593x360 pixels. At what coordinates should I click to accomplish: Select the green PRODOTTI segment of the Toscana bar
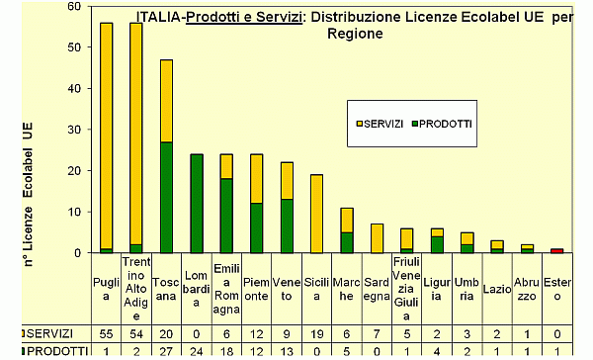[x=166, y=197]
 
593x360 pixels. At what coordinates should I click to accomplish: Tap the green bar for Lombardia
[x=196, y=203]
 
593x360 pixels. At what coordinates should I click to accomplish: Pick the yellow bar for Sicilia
[x=316, y=213]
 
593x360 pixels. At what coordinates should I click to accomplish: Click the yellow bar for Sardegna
[x=377, y=237]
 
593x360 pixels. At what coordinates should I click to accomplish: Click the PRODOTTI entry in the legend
[x=445, y=125]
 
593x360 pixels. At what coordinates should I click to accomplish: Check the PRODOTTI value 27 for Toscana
[x=166, y=351]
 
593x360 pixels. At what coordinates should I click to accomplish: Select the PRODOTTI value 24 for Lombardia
[x=196, y=351]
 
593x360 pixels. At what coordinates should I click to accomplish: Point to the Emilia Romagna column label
[x=226, y=287]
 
